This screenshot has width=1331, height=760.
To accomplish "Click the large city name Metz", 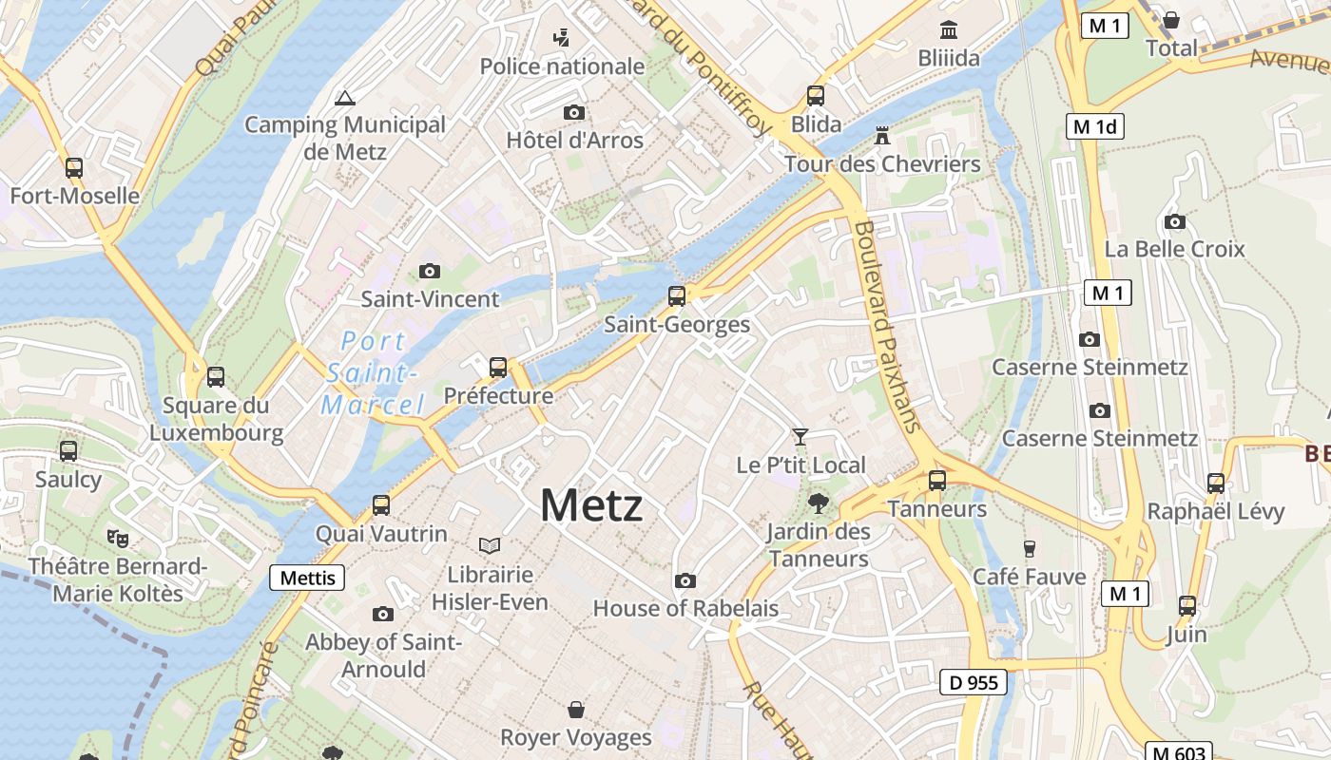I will tap(590, 504).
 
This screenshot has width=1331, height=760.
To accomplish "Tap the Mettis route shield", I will tap(307, 577).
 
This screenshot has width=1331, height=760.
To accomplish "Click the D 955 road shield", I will tap(974, 682).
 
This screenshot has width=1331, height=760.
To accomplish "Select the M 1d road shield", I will tap(1095, 126).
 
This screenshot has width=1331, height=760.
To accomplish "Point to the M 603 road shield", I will tap(1177, 752).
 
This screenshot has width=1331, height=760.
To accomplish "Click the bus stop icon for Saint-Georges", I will tap(677, 295).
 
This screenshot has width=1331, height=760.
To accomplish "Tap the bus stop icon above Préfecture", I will tap(498, 367).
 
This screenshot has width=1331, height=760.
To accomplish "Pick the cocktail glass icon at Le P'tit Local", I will tap(801, 436).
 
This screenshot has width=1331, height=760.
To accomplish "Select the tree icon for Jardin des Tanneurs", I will tap(818, 503).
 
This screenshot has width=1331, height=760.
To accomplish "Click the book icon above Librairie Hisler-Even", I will tap(490, 545).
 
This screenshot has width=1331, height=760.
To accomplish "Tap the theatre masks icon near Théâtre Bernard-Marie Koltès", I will tap(118, 538).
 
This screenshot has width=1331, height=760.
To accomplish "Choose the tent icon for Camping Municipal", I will tap(344, 97).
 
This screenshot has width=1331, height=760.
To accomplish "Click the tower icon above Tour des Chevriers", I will tap(882, 135).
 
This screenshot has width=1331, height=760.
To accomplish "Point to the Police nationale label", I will tap(562, 66).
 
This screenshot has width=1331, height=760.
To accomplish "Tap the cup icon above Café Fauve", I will tap(1029, 548).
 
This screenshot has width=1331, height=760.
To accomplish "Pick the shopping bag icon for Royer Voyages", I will tap(575, 710).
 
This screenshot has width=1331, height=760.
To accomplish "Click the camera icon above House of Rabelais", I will tap(685, 580).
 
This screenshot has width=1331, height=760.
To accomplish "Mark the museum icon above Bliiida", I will tap(948, 29).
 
